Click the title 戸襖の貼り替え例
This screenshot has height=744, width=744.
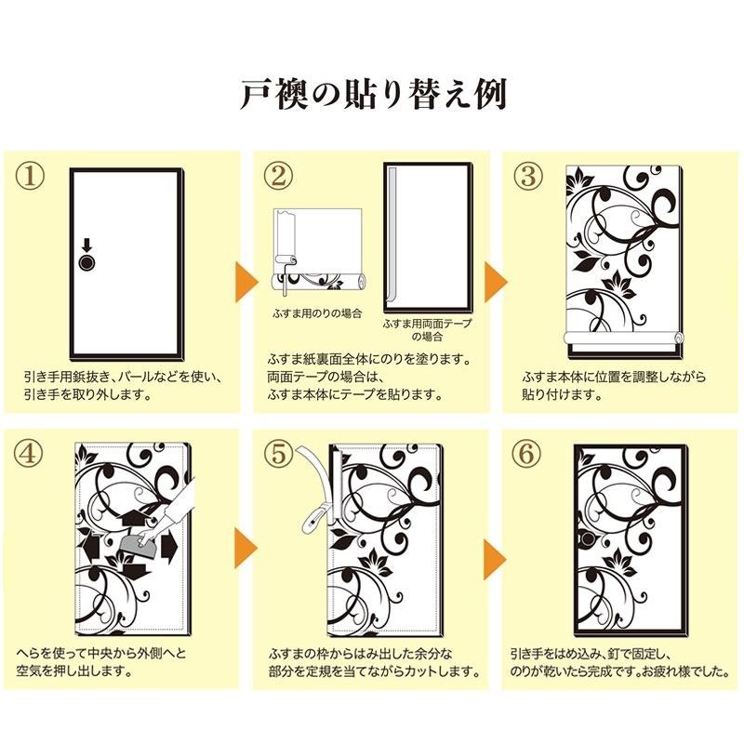click(374, 95)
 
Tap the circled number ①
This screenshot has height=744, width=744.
click(30, 176)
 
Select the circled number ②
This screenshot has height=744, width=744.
click(278, 176)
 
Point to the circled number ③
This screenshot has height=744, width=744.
click(528, 176)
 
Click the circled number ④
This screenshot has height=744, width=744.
click(29, 453)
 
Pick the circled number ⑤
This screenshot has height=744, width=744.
click(278, 453)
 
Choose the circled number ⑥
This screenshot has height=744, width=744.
click(526, 453)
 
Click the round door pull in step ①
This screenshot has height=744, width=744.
click(86, 263)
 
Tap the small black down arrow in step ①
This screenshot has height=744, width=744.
click(86, 246)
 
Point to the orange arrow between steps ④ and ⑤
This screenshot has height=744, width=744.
click(246, 548)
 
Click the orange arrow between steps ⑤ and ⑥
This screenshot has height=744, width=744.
click(494, 559)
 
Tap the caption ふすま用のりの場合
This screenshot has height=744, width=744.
click(317, 313)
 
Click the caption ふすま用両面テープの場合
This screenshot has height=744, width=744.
click(428, 330)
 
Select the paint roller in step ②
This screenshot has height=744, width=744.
click(285, 270)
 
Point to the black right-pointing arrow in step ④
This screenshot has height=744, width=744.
click(169, 548)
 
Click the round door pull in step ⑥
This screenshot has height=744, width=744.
click(590, 538)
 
